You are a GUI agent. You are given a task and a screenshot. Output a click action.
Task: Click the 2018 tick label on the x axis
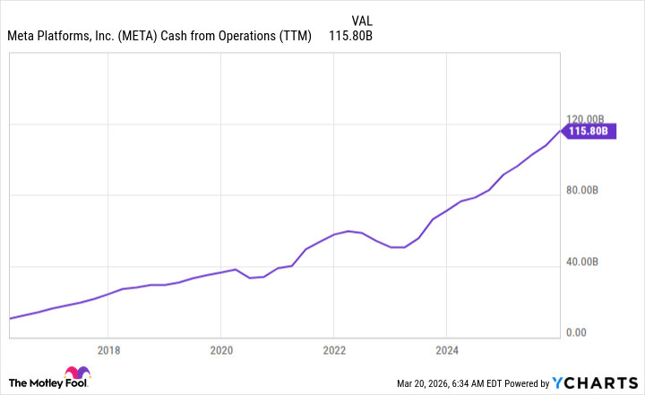click(x=108, y=350)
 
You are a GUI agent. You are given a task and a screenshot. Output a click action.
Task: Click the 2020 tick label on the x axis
click(x=221, y=350)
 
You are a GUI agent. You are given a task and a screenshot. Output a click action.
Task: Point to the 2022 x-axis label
click(x=334, y=350)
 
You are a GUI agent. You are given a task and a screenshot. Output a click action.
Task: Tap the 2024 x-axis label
click(x=447, y=350)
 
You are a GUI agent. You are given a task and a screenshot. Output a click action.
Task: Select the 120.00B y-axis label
click(x=589, y=119)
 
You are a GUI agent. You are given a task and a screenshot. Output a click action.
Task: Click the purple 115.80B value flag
click(x=590, y=131)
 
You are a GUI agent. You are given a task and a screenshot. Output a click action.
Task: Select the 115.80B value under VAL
click(x=352, y=37)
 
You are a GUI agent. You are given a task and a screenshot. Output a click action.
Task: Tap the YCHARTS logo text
click(x=602, y=383)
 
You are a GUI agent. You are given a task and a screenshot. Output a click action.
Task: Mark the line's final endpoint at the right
click(x=563, y=131)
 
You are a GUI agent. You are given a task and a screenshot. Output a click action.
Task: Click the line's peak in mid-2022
click(x=348, y=231)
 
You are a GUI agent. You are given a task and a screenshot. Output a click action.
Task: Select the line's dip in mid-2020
click(x=250, y=278)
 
